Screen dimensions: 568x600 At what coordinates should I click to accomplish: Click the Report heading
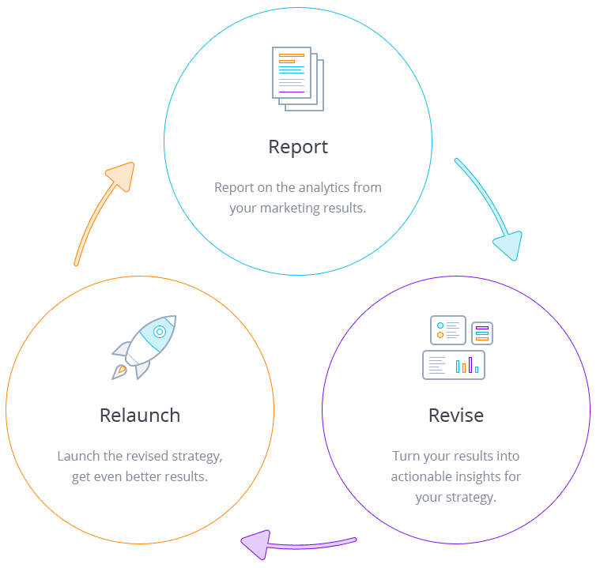(298, 147)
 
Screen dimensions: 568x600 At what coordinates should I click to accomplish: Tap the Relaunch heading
(140, 416)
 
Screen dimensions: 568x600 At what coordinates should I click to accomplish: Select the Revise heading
(456, 416)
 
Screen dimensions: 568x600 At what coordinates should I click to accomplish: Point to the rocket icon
(144, 346)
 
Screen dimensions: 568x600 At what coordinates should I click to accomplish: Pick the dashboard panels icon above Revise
(457, 348)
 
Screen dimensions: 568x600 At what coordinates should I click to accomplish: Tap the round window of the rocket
(160, 332)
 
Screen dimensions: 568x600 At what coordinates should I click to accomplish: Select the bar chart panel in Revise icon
(454, 365)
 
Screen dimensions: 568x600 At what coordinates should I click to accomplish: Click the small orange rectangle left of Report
(104, 213)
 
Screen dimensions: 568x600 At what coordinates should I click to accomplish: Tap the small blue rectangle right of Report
(487, 209)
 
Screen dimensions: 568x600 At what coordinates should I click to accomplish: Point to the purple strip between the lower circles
(300, 540)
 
